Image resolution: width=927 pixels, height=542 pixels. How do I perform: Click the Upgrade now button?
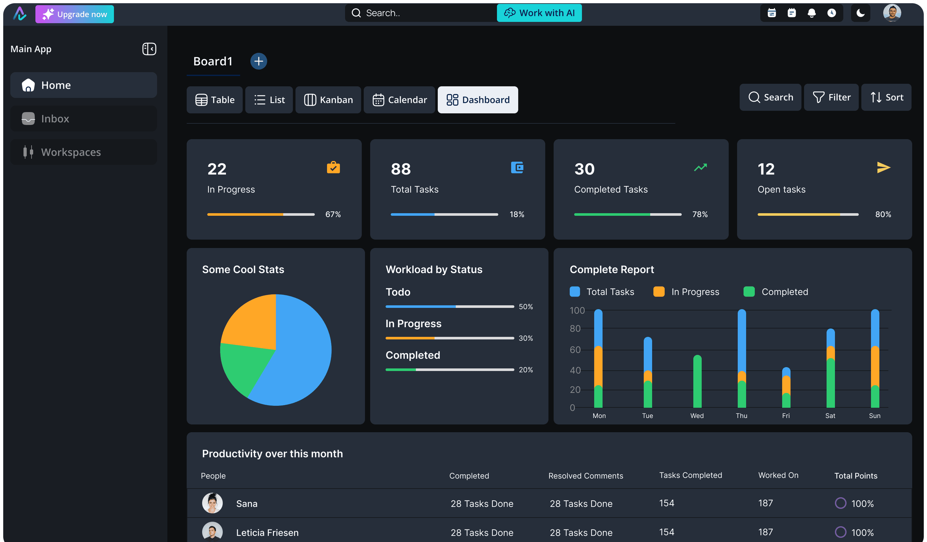pyautogui.click(x=75, y=14)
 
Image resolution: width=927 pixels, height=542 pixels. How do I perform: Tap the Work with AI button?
pyautogui.click(x=539, y=13)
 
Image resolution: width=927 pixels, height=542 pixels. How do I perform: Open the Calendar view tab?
pyautogui.click(x=399, y=100)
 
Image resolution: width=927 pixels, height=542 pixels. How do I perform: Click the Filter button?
pyautogui.click(x=831, y=97)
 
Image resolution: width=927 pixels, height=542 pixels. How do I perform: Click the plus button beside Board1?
pyautogui.click(x=258, y=61)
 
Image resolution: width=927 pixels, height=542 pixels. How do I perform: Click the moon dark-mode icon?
pyautogui.click(x=860, y=13)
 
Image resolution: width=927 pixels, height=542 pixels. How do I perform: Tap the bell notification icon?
pyautogui.click(x=811, y=13)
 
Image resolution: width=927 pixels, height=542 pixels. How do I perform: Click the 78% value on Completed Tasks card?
pyautogui.click(x=700, y=214)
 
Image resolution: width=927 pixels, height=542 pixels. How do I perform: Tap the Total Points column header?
pyautogui.click(x=856, y=476)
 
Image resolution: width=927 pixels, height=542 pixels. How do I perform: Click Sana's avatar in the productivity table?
pyautogui.click(x=212, y=503)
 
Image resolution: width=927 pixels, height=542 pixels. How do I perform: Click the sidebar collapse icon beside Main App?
pyautogui.click(x=149, y=49)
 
